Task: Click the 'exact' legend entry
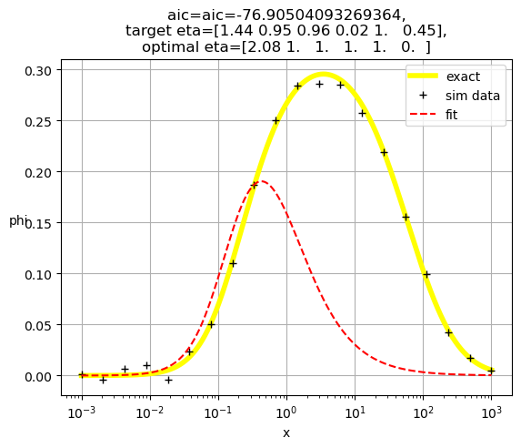(x=444, y=76)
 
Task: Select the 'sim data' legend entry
(x=454, y=96)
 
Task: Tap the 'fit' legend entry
(x=434, y=115)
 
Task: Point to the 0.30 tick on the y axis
(x=38, y=71)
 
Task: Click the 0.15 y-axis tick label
(x=38, y=224)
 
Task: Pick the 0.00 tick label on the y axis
(x=38, y=377)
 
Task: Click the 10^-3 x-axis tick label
(x=82, y=412)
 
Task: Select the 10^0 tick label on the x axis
(x=286, y=412)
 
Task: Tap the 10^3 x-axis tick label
(x=491, y=412)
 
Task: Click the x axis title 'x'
(x=286, y=433)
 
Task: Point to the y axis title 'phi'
(x=17, y=220)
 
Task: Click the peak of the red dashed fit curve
(x=262, y=181)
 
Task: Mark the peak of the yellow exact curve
(x=324, y=75)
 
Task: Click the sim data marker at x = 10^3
(x=491, y=371)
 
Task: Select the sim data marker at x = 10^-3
(x=82, y=374)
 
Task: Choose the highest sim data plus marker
(x=320, y=85)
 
